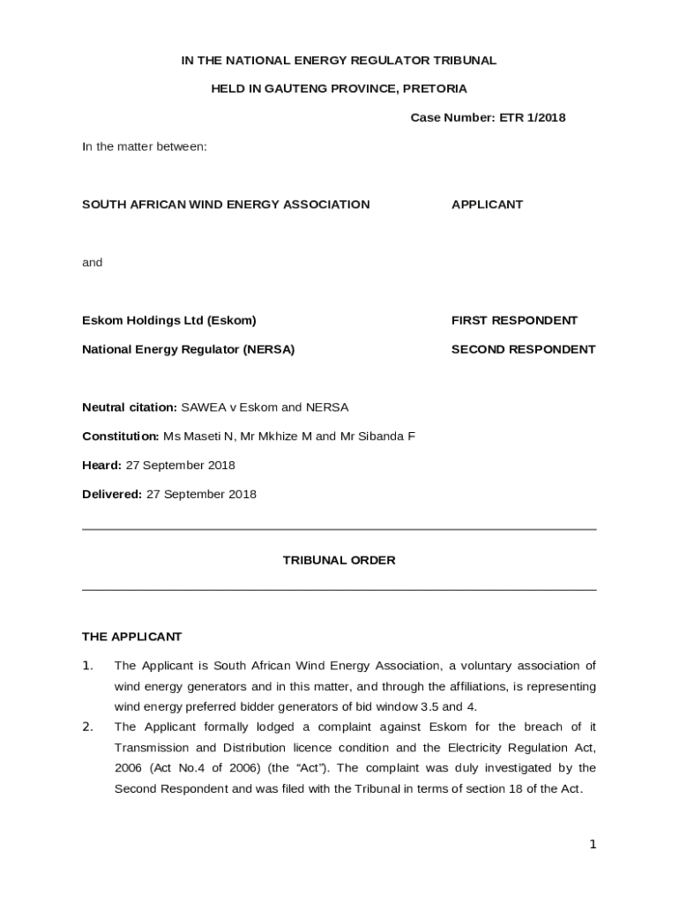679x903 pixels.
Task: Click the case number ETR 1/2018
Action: [x=533, y=117]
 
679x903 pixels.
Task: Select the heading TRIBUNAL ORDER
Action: [x=339, y=560]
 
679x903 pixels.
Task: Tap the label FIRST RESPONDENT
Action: [x=514, y=320]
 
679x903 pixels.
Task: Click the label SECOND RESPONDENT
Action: [x=523, y=349]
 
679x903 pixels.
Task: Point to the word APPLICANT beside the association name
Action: [x=487, y=204]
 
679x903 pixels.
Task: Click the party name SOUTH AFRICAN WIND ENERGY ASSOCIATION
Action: [x=226, y=204]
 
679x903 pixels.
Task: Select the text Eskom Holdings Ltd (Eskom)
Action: [x=169, y=320]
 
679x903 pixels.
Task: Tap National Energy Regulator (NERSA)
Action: [x=188, y=349]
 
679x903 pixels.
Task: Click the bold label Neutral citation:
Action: [x=130, y=407]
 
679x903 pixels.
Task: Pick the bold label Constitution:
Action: [x=121, y=436]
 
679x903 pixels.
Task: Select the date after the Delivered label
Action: [x=201, y=494]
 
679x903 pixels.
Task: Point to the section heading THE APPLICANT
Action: [x=131, y=636]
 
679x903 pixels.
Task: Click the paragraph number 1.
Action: [x=87, y=665]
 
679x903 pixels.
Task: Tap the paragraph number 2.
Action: [x=87, y=727]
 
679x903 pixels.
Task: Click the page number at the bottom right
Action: [x=593, y=844]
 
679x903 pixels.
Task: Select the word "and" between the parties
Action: [x=92, y=262]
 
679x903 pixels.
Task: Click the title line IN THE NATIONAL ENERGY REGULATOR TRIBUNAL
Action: [x=339, y=60]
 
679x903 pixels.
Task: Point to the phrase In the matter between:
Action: [x=145, y=146]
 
